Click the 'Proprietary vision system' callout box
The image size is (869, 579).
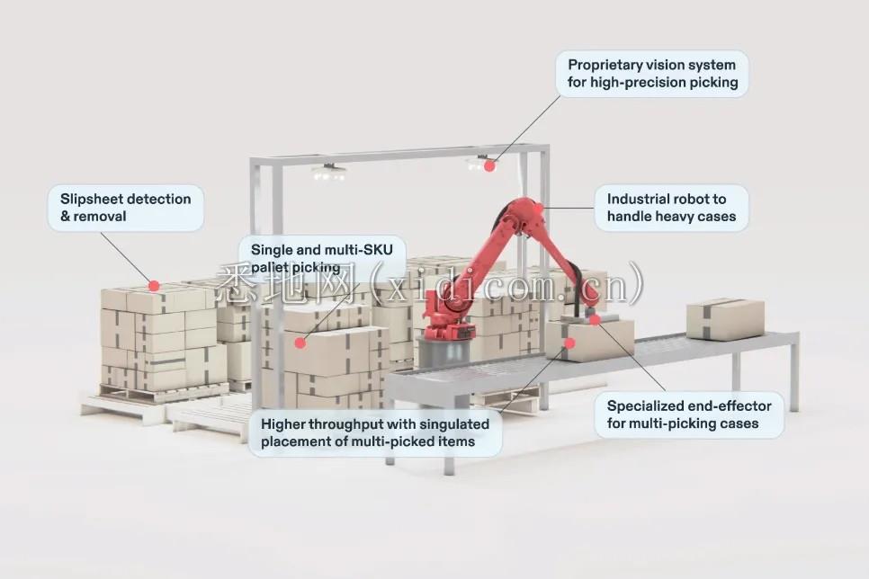pos(652,74)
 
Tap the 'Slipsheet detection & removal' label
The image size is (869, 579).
pos(125,208)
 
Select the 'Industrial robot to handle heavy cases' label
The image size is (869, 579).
pos(671,208)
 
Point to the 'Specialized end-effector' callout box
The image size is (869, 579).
pos(689,414)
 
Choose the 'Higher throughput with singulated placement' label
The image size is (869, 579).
pos(375,432)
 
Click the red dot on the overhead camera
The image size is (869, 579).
pos(489,165)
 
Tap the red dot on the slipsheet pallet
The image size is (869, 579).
pos(154,286)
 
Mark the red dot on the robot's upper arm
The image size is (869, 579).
pos(538,209)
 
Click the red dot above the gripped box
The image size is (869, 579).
pos(594,319)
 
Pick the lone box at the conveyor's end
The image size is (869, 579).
pos(725,319)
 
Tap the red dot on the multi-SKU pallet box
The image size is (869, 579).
pos(300,343)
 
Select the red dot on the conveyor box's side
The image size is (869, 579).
pos(569,343)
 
